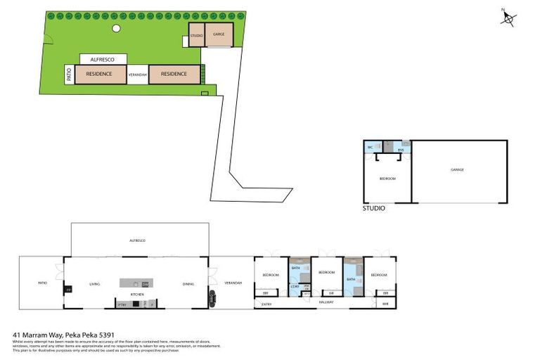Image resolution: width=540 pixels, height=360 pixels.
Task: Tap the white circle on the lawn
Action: pyautogui.click(x=115, y=29)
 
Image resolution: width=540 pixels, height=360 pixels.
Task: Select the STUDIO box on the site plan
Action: pyautogui.click(x=196, y=36)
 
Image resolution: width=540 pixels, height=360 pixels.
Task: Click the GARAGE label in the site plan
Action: pyautogui.click(x=219, y=34)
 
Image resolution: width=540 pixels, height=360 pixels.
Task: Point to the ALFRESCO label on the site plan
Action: pyautogui.click(x=103, y=60)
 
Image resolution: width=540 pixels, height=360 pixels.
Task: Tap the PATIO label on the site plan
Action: pyautogui.click(x=69, y=74)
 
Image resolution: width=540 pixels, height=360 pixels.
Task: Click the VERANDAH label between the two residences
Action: pyautogui.click(x=137, y=74)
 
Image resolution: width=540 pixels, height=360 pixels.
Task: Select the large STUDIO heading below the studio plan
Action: pyautogui.click(x=373, y=208)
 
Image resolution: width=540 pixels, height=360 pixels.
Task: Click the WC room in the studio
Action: pyautogui.click(x=370, y=147)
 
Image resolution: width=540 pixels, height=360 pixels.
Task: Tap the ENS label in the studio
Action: pyautogui.click(x=401, y=150)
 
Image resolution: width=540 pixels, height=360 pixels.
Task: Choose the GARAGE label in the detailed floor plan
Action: pyautogui.click(x=458, y=169)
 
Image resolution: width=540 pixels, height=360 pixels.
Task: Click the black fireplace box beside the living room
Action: pyautogui.click(x=68, y=289)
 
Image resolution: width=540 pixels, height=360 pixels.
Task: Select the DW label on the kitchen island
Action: pyautogui.click(x=144, y=283)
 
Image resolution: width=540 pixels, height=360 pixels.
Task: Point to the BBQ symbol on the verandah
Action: pyautogui.click(x=211, y=300)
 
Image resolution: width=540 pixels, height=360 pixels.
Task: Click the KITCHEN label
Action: pyautogui.click(x=137, y=294)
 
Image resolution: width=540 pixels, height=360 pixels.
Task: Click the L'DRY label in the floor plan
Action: pyautogui.click(x=295, y=287)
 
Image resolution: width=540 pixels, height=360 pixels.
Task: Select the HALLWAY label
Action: pyautogui.click(x=325, y=302)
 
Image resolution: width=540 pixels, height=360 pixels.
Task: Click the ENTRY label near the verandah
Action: pyautogui.click(x=266, y=304)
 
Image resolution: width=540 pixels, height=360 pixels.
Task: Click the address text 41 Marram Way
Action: pyautogui.click(x=64, y=335)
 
